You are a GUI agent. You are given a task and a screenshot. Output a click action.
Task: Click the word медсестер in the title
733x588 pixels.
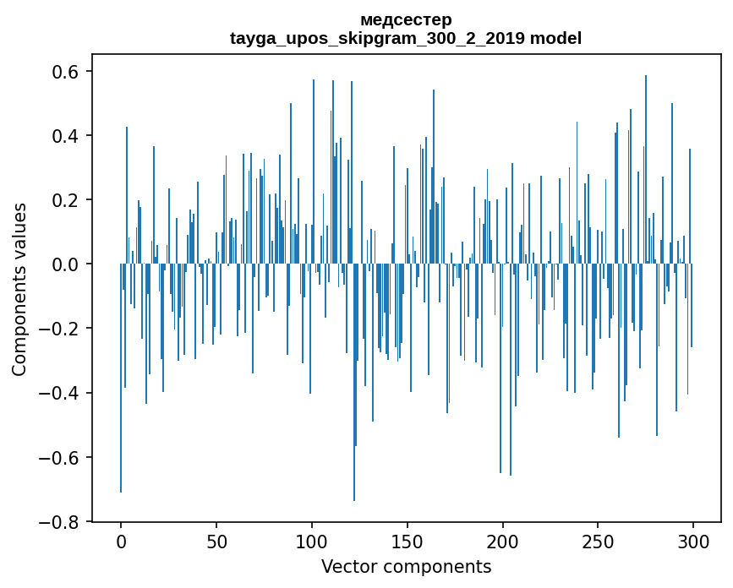click(406, 19)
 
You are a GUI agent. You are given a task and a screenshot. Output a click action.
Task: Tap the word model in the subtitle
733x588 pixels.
click(555, 38)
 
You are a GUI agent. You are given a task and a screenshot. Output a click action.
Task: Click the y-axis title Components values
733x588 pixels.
click(19, 289)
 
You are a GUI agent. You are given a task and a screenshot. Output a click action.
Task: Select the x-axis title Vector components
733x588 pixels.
click(406, 566)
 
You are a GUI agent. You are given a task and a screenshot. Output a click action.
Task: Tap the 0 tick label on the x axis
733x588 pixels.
click(121, 541)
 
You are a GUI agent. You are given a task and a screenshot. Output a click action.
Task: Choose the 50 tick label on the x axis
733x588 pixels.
click(216, 541)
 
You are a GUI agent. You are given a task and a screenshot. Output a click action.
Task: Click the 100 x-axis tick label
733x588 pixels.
click(312, 541)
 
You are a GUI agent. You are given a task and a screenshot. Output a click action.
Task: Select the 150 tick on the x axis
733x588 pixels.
click(408, 541)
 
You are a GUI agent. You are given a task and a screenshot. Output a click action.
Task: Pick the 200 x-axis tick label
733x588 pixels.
click(503, 541)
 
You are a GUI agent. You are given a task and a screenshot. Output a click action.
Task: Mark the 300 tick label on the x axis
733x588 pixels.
click(693, 541)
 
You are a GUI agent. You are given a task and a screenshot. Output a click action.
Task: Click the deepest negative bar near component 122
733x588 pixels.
click(354, 422)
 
